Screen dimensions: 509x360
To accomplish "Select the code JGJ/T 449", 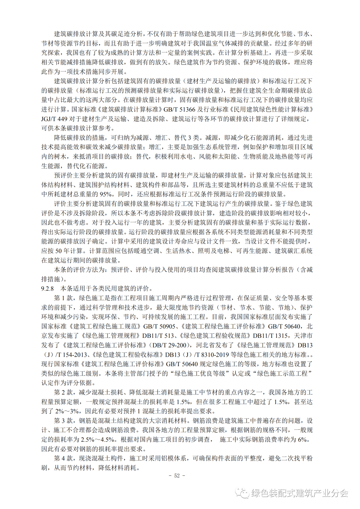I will (x=54, y=119).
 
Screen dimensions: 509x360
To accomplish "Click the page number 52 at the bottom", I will (x=177, y=476).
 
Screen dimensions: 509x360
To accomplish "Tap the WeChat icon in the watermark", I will (x=242, y=493).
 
